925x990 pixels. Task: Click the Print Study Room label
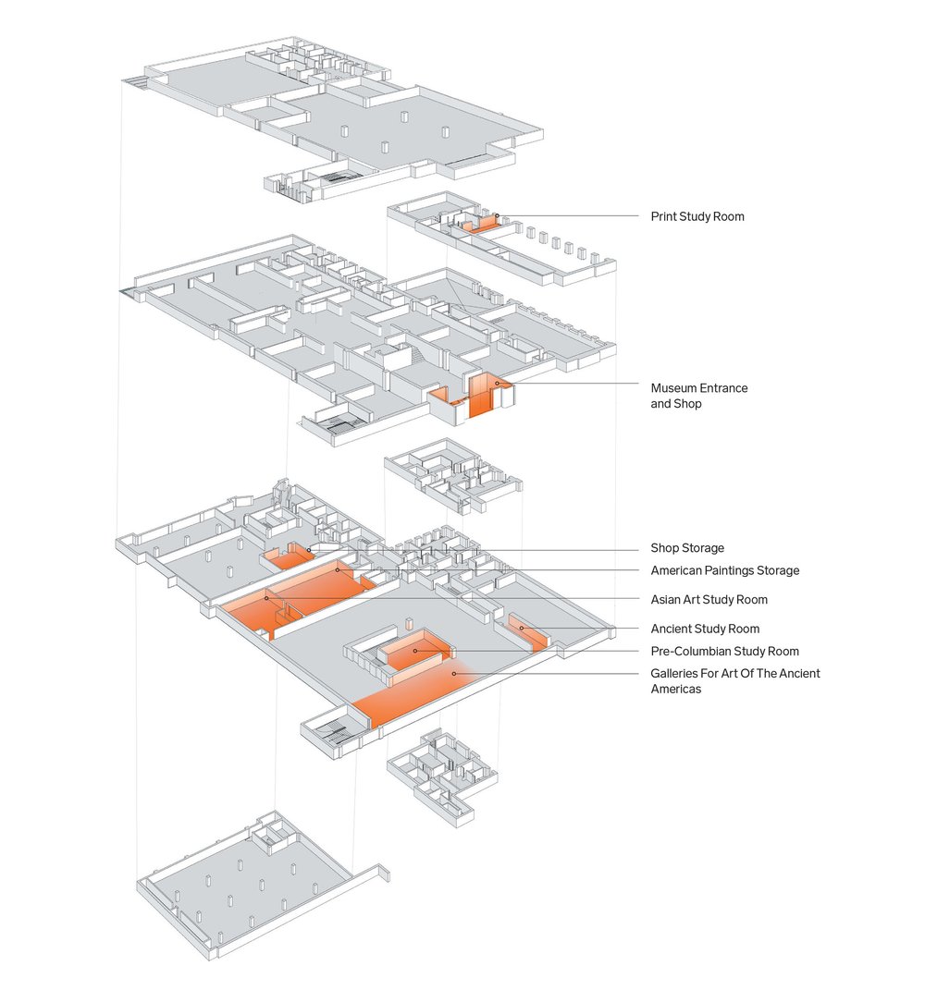697,216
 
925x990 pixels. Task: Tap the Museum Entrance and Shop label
698,396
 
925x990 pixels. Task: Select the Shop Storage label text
686,548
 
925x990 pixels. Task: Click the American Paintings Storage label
724,570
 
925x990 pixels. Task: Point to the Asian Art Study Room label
709,600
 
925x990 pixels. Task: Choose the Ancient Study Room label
704,629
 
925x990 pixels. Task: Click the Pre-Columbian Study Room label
724,652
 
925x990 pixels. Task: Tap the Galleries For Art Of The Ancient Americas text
734,681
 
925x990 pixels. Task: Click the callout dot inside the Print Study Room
497,216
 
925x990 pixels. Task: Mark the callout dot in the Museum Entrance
497,383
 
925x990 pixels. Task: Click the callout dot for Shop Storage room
309,550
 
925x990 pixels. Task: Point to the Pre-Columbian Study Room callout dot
415,651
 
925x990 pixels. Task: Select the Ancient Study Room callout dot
522,629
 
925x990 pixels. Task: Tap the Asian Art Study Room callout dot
266,598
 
